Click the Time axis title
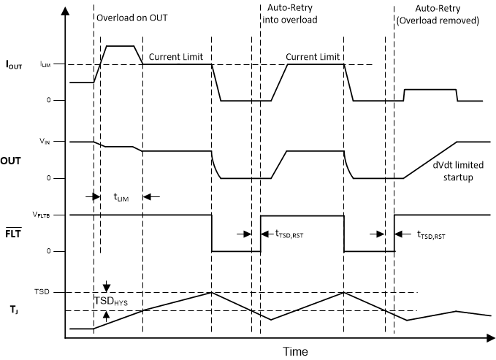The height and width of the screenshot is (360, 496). (x=295, y=351)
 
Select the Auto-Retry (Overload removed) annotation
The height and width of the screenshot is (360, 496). (x=446, y=14)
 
